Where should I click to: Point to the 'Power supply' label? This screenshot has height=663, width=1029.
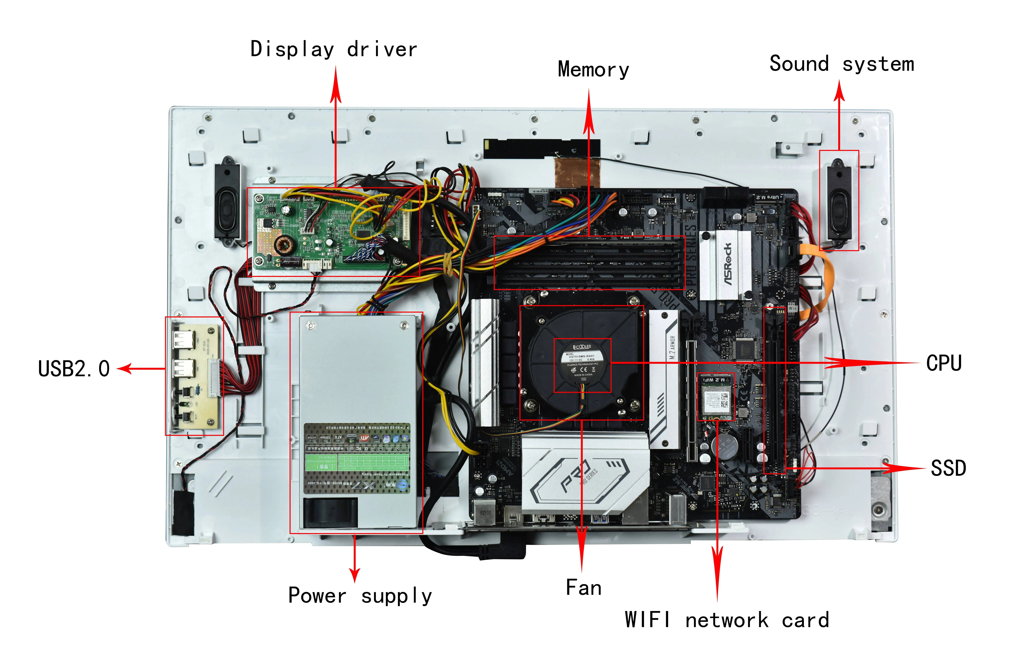(360, 596)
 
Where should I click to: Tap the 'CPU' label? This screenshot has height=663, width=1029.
(944, 363)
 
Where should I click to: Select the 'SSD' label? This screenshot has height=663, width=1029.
(948, 468)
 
